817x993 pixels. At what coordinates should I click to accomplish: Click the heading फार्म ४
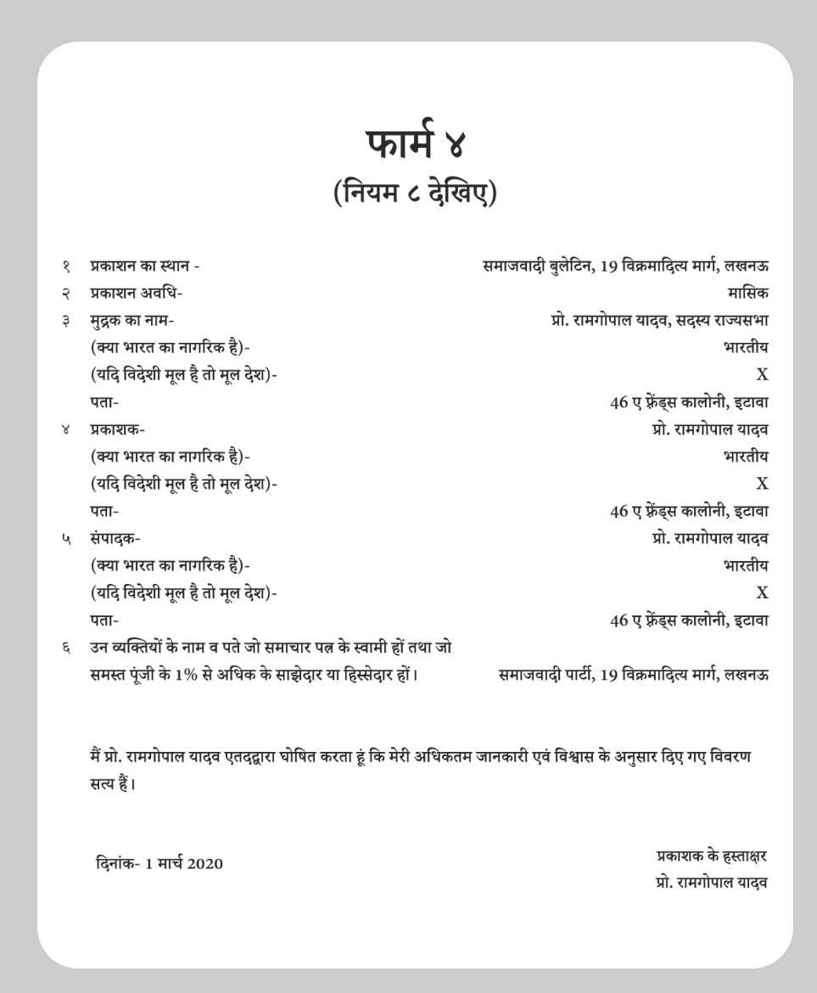[x=416, y=143]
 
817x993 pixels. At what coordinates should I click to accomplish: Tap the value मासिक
[x=747, y=293]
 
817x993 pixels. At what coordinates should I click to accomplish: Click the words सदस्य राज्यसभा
[x=724, y=320]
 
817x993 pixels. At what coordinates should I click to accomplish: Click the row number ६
[x=65, y=648]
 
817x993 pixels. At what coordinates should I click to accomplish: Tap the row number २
[x=65, y=294]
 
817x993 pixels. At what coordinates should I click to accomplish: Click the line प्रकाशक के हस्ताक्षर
[x=711, y=856]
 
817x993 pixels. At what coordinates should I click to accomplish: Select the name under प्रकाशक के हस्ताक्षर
[x=711, y=883]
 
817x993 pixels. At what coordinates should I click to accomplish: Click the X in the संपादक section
[x=762, y=593]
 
